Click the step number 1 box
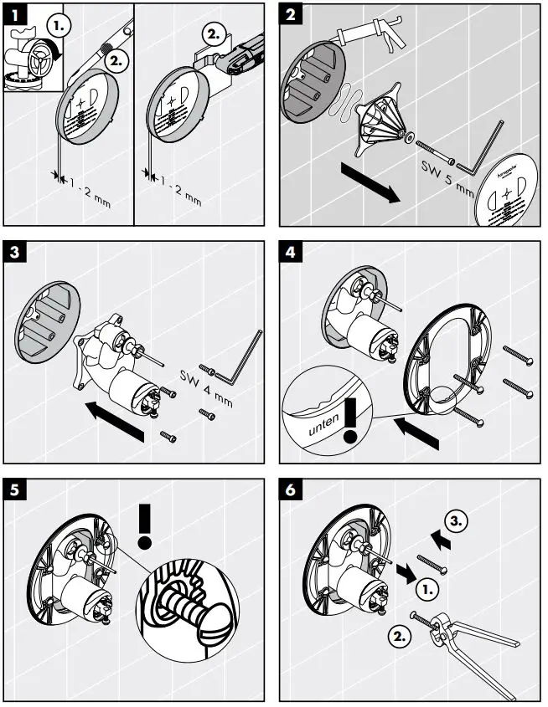pyautogui.click(x=15, y=14)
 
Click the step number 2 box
pyautogui.click(x=290, y=14)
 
